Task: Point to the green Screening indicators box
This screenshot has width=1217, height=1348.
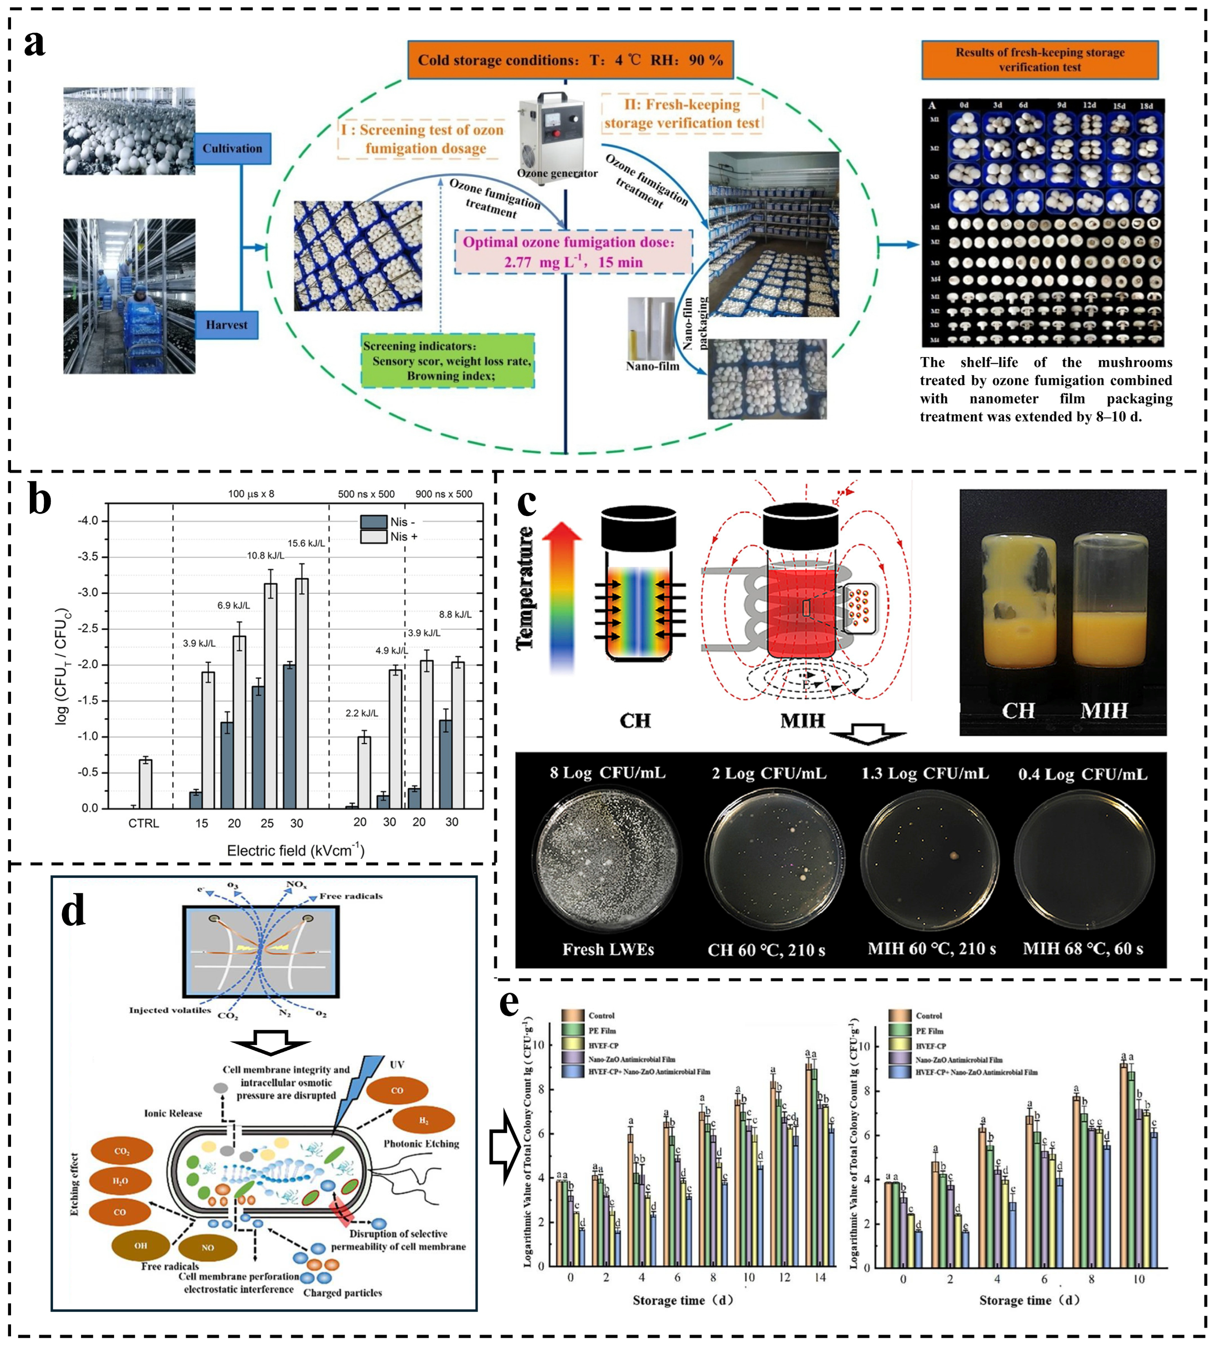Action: pos(447,361)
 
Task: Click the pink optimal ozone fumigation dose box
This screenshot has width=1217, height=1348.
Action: pos(573,252)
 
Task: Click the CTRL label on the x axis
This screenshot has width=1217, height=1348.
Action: pos(144,823)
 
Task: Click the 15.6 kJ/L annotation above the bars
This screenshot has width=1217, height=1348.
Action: pos(306,543)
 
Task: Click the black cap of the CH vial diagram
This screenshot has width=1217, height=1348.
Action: pos(638,528)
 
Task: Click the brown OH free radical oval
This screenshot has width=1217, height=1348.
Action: pos(140,1245)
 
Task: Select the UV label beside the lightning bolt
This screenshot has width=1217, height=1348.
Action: pos(397,1064)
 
